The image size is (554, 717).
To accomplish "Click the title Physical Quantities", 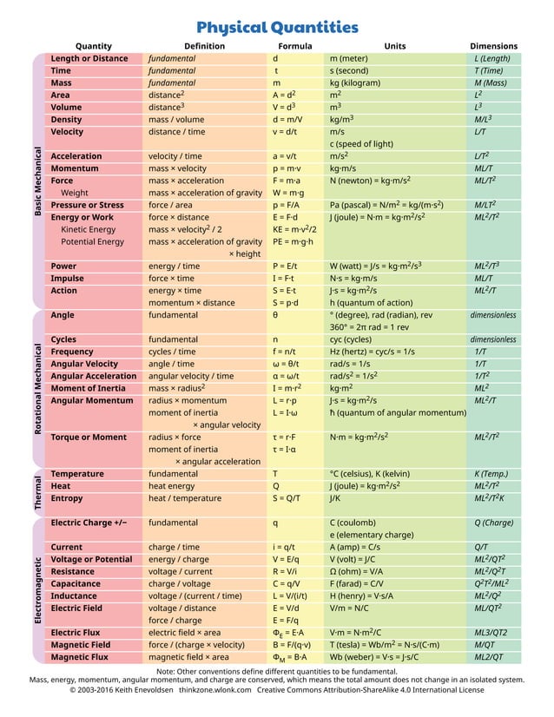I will click(277, 27).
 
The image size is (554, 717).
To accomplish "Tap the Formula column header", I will click(294, 46).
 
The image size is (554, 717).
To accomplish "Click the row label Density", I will click(67, 120).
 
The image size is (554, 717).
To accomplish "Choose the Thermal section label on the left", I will click(37, 492).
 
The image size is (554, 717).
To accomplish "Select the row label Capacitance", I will click(76, 584).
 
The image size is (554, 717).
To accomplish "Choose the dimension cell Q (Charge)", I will click(494, 523).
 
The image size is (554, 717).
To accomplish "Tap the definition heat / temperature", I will click(184, 499).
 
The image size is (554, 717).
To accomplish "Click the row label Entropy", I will click(67, 499).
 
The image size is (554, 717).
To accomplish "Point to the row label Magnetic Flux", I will click(80, 657).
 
